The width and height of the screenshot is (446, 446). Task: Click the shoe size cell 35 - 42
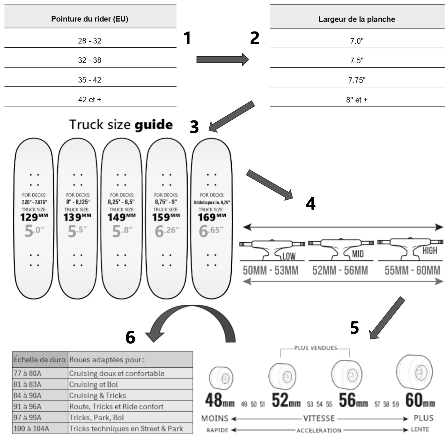tap(89, 80)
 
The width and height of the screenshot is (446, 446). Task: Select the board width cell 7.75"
tap(357, 80)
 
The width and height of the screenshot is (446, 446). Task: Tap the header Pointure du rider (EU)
tap(89, 19)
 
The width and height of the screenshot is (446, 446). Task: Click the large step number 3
tap(194, 127)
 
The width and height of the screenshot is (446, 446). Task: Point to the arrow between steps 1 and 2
tap(222, 60)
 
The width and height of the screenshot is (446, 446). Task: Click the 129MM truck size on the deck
tap(34, 217)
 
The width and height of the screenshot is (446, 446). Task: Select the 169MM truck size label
tap(212, 217)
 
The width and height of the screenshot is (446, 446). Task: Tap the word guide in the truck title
tap(154, 125)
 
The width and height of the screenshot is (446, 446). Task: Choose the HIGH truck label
tap(430, 251)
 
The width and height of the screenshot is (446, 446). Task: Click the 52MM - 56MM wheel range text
tap(340, 270)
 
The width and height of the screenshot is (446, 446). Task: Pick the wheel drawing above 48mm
tap(221, 378)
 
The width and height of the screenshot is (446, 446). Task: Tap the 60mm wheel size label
tap(420, 400)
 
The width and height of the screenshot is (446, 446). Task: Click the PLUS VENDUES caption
tap(316, 348)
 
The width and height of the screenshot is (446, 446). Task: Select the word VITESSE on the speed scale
tap(319, 418)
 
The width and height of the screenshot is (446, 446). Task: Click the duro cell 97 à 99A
tap(27, 418)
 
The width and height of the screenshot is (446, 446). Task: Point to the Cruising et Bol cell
tap(94, 384)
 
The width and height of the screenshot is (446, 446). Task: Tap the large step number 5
tap(354, 328)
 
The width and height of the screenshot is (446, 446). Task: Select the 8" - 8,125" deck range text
tap(78, 202)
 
